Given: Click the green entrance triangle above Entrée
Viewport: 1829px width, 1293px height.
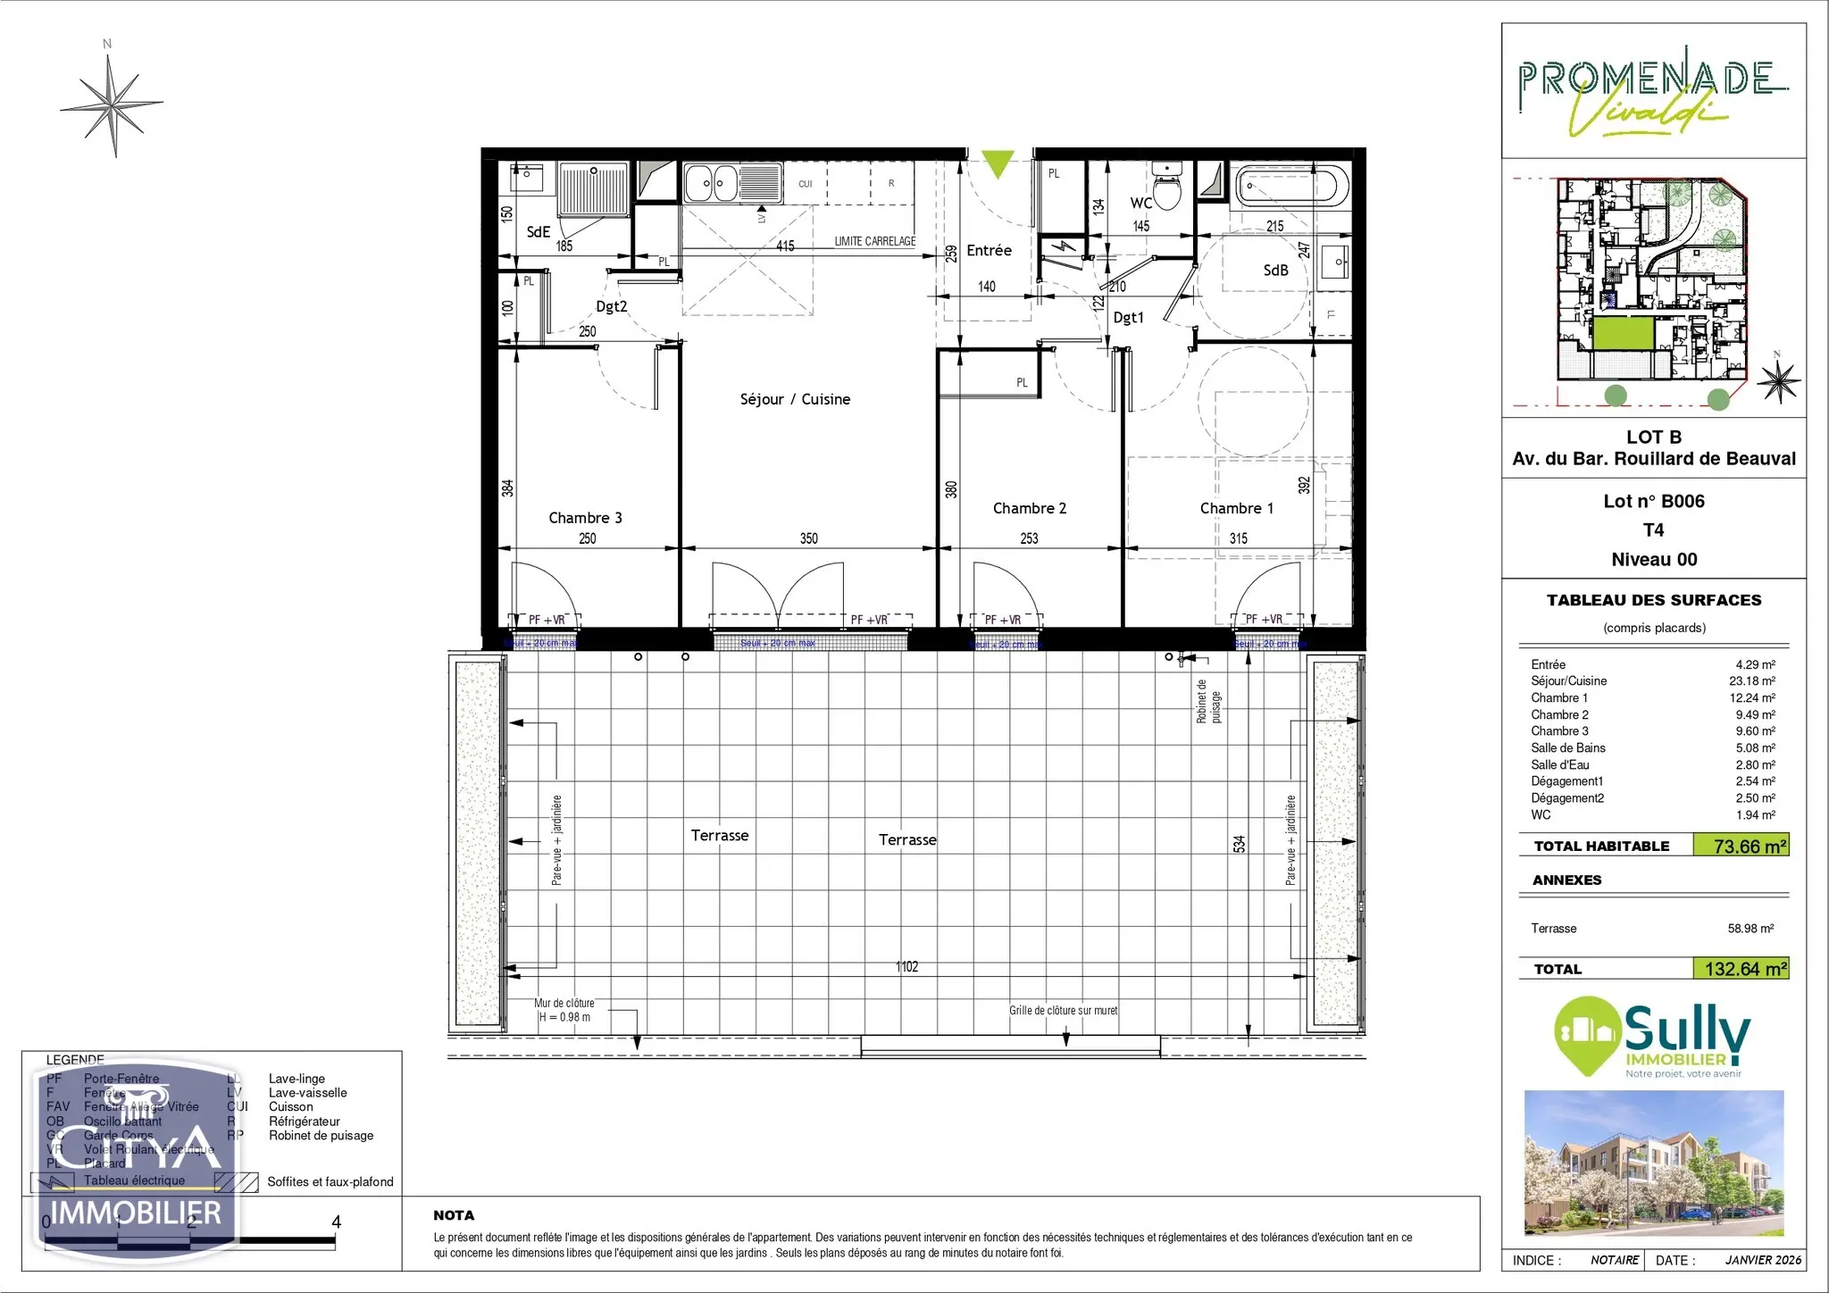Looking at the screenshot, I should point(997,164).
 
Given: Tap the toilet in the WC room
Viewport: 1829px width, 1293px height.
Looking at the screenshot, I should point(1166,186).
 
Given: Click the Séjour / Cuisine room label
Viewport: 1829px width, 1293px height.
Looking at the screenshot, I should point(795,399).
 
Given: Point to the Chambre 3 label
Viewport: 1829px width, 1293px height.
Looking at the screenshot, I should point(585,518).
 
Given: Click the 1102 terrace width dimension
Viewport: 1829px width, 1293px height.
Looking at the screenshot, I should point(906,967).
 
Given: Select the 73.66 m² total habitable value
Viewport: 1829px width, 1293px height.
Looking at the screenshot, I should point(1750,847).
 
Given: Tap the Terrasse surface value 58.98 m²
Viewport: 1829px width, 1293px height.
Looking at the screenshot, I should point(1750,929).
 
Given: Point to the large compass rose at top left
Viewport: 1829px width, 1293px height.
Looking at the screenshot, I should point(113,105).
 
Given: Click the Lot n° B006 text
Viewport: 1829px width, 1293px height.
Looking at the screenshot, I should point(1653,502).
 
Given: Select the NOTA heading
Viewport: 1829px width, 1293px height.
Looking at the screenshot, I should point(454,1215).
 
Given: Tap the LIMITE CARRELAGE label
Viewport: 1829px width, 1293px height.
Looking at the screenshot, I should point(874,241).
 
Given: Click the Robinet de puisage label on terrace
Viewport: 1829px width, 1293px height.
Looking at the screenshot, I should point(1207,701).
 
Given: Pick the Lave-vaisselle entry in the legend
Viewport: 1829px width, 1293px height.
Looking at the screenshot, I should point(307,1093).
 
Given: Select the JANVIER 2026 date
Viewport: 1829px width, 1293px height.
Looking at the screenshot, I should point(1763,1261).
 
